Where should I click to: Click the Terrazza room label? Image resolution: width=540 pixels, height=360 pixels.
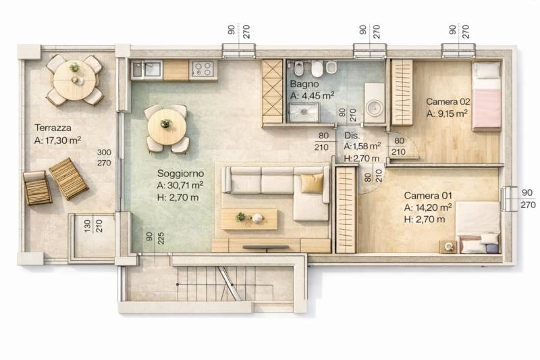coord(53,128)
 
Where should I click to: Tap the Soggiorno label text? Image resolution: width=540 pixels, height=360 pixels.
coord(180,174)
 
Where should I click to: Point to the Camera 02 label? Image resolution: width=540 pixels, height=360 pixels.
coord(448,101)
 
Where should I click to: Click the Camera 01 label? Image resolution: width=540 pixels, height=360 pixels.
coord(428,196)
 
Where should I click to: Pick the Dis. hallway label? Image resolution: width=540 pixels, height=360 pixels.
coord(352,135)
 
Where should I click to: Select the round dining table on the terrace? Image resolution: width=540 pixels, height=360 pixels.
coord(74,80)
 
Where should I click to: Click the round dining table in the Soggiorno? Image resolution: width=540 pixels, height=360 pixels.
coord(167,127)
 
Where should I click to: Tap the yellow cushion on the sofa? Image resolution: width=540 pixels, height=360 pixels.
coord(312,183)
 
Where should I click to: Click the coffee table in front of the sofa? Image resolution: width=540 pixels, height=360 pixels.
coord(249,219)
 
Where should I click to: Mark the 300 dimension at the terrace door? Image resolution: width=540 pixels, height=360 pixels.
coord(104,152)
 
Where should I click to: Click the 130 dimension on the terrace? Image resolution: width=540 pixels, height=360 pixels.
coord(88,226)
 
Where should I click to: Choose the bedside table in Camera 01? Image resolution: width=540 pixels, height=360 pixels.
coord(448,247)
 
